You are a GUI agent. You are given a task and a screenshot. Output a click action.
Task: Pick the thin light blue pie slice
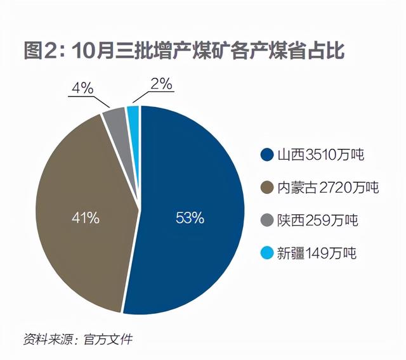(x=133, y=113)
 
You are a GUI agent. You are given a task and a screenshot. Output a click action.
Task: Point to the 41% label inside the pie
(x=85, y=218)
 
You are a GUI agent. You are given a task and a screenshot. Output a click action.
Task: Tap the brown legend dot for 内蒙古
(x=266, y=188)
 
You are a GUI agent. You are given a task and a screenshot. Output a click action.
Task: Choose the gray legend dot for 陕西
(x=266, y=221)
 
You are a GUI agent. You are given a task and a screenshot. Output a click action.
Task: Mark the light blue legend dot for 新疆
(x=266, y=254)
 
